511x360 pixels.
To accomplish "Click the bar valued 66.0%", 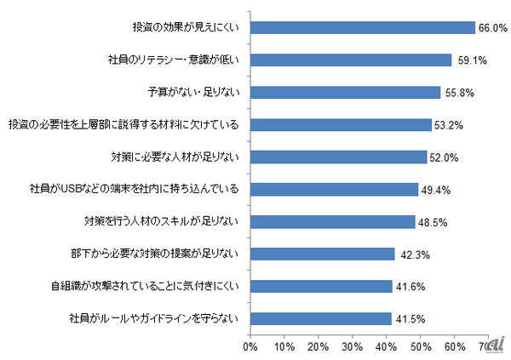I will click(362, 27).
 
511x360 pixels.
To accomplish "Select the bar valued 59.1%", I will click(350, 60).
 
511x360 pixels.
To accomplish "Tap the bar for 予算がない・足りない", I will click(345, 92).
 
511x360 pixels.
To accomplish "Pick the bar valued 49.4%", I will click(334, 189).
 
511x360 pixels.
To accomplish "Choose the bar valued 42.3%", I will click(322, 254).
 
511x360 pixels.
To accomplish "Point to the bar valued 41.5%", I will click(320, 319).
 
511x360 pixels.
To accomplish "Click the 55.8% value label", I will click(457, 93).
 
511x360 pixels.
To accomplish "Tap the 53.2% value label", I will click(449, 125).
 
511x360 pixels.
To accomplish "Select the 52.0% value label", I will click(445, 157).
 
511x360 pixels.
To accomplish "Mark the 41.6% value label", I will click(410, 287).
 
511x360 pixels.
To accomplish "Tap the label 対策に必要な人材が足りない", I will click(175, 157).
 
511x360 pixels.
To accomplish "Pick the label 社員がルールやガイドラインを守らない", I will click(158, 319).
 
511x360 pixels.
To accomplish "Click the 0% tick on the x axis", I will click(250, 347).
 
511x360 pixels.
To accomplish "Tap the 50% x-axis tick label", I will click(419, 347).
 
